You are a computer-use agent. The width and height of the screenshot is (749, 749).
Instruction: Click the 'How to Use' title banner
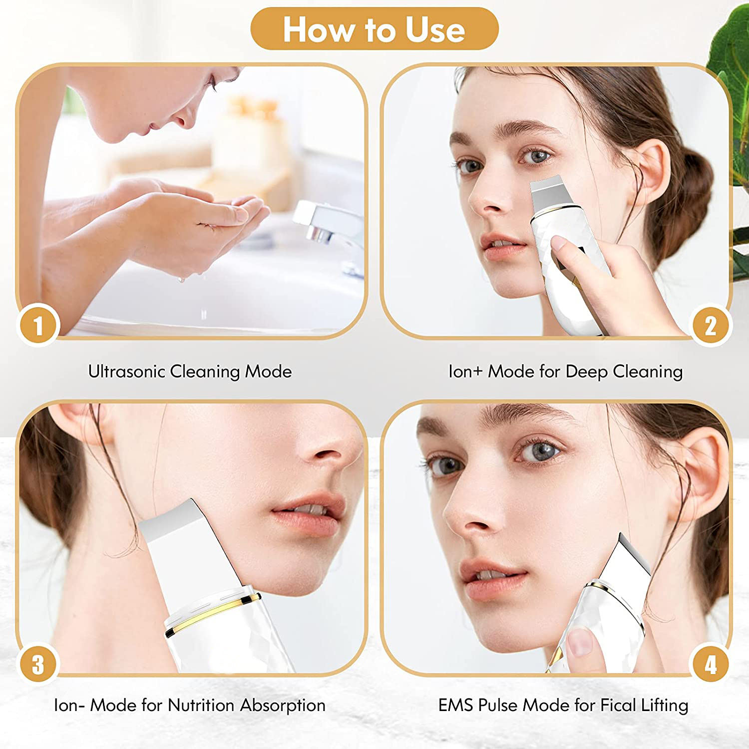point(374,29)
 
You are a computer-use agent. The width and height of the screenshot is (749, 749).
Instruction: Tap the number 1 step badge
point(38,326)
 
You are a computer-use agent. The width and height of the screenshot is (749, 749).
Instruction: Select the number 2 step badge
point(711,326)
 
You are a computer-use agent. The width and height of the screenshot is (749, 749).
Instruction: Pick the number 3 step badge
point(38,665)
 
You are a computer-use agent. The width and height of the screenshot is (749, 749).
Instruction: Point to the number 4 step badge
point(711,665)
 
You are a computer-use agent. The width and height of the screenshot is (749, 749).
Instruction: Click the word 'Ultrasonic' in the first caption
point(127,372)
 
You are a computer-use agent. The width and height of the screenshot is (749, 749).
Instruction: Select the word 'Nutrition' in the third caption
point(201,705)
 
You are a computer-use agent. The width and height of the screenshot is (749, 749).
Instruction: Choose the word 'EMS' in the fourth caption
point(456,705)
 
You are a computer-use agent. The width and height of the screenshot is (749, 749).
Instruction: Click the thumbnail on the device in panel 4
point(581,642)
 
